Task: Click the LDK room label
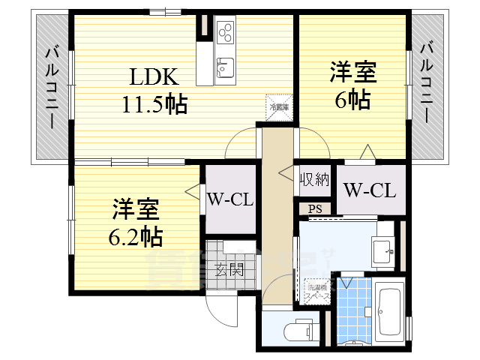coord(155,77)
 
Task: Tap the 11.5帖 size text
coord(155,103)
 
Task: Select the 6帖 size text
coord(353,100)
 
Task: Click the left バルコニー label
coord(52,87)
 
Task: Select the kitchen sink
coord(226,67)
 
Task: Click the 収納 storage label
coord(316,179)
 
